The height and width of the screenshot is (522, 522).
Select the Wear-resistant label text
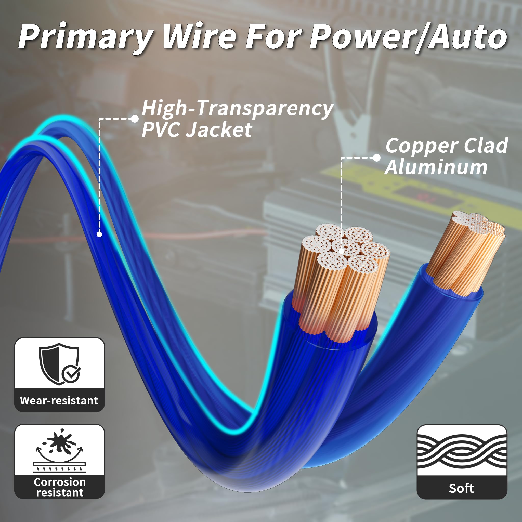pos(59,401)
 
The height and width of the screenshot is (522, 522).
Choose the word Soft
pos(462,488)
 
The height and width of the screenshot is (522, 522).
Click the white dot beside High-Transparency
pos(135,119)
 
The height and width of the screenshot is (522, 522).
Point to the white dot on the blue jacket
pos(99,234)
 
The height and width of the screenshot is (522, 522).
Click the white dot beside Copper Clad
pos(377,158)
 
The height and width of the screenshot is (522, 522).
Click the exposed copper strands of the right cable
pos(465,257)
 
